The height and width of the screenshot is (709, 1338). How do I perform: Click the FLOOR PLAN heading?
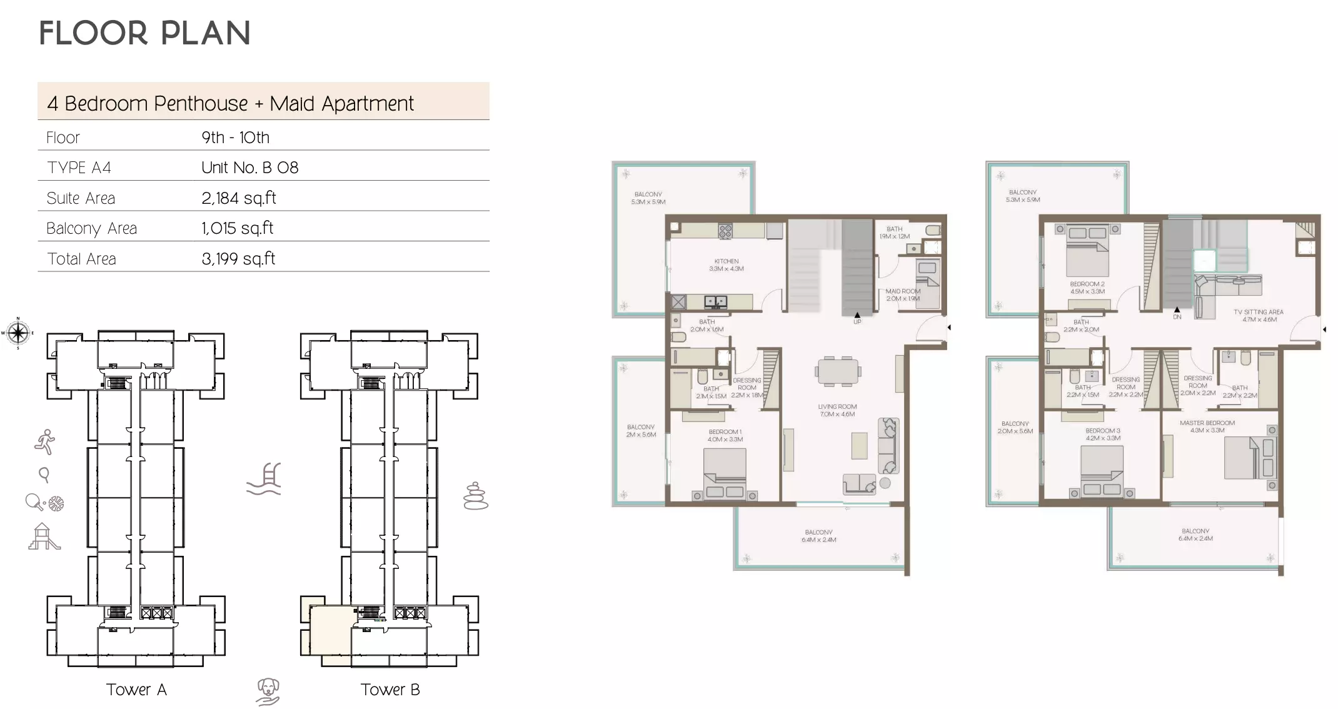144,33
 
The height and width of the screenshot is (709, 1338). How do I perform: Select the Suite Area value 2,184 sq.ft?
238,198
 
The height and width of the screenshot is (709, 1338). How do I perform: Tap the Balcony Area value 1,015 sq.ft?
237,228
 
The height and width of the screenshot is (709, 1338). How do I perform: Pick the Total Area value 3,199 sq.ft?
238,259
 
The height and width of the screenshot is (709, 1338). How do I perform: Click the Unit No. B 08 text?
249,168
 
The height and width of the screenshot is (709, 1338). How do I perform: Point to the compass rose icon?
18,333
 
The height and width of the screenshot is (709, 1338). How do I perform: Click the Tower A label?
136,690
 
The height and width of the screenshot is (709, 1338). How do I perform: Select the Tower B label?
390,690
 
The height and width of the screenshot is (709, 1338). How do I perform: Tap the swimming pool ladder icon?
264,479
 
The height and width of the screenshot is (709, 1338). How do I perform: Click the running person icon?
45,442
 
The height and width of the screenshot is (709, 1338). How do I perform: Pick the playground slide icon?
44,536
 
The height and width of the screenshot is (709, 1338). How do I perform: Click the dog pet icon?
268,692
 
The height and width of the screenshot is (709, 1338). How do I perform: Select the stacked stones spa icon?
475,496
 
